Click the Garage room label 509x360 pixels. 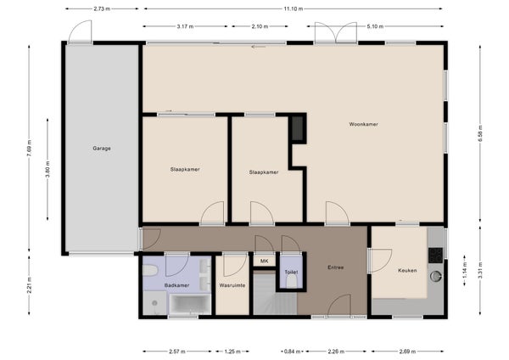(x=102, y=148)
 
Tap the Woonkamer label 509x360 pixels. (x=364, y=124)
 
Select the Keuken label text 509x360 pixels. (x=407, y=270)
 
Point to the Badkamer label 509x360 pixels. (x=177, y=285)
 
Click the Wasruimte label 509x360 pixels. (x=232, y=285)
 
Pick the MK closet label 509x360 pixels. (x=264, y=261)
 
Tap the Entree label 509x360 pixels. (x=336, y=267)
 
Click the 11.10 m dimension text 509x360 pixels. (x=294, y=8)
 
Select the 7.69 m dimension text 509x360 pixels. (x=29, y=148)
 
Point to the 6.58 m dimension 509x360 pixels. (x=480, y=133)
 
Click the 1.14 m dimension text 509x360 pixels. (x=465, y=270)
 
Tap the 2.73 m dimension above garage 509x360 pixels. (x=102, y=8)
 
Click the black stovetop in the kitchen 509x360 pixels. (x=436, y=255)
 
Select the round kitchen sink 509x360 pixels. (x=436, y=276)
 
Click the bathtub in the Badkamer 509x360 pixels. (x=190, y=304)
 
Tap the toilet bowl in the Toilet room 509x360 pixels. (x=292, y=281)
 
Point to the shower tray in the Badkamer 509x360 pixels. (x=155, y=303)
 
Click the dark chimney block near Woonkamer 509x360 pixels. (x=298, y=128)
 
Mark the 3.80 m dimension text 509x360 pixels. (x=48, y=169)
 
